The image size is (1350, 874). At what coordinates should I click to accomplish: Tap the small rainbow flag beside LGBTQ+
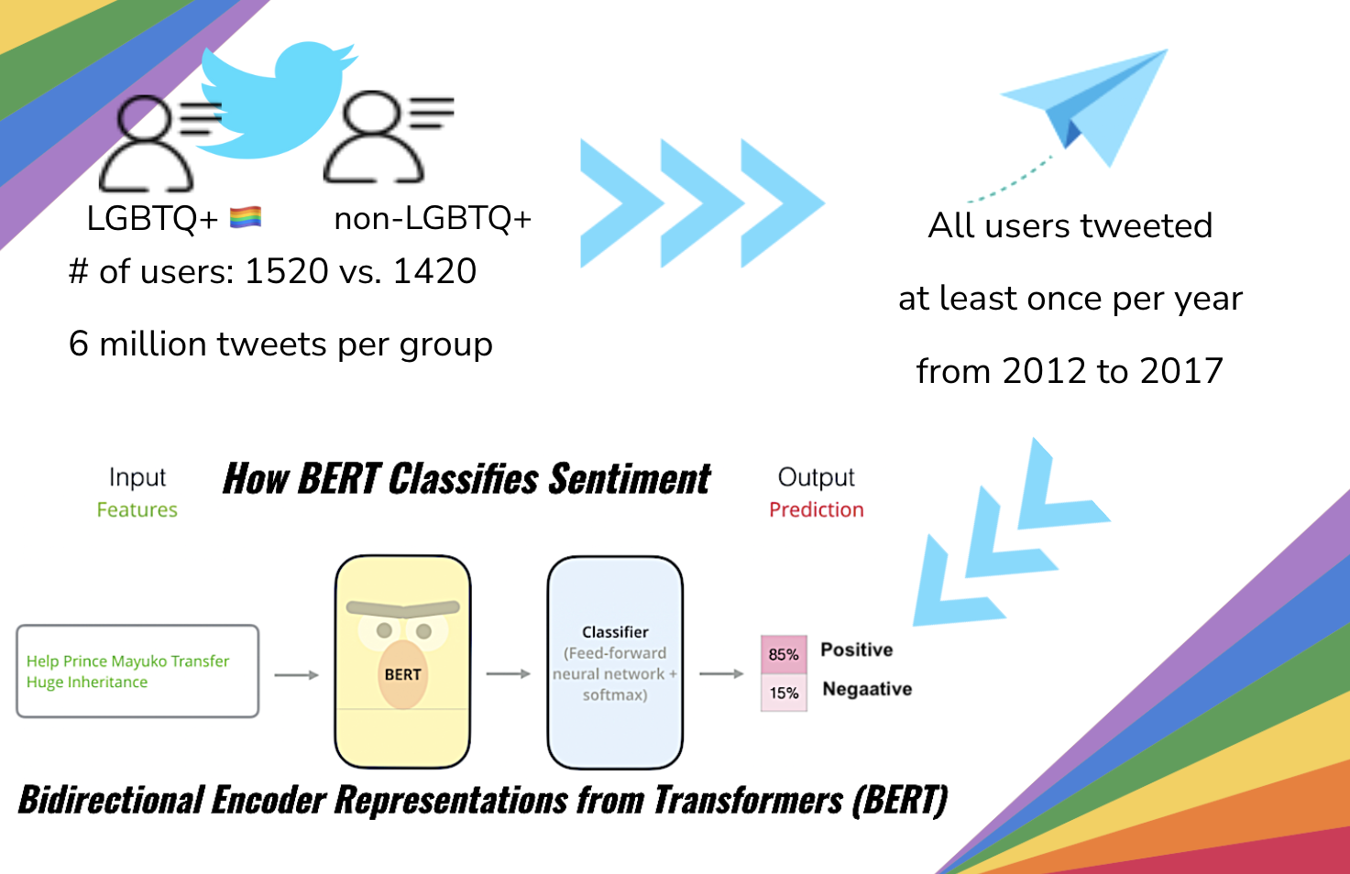[246, 217]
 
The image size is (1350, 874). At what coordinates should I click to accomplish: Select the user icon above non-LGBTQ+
[376, 137]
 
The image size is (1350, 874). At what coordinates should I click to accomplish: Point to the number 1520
[286, 271]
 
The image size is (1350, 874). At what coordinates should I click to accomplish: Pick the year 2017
[1181, 371]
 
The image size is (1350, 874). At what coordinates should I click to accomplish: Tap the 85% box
[784, 654]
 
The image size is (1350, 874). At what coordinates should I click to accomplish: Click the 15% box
[784, 693]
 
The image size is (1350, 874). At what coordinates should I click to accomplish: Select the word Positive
[856, 650]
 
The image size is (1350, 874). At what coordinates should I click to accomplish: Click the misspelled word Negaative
[867, 689]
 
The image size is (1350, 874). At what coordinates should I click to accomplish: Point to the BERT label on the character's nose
[402, 674]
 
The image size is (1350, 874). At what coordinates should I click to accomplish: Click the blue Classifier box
[615, 662]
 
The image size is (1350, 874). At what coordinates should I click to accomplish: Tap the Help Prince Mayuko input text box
[137, 672]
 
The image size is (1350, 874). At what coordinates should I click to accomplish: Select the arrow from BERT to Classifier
[508, 674]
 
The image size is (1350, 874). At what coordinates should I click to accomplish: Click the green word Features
[137, 509]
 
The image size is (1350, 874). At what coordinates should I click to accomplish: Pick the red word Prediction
[816, 509]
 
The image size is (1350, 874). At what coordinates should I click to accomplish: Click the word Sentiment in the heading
[630, 479]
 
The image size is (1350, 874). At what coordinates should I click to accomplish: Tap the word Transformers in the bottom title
[748, 800]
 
